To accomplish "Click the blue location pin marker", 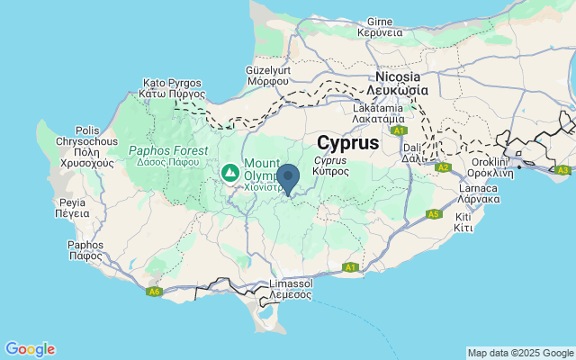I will point(288,178).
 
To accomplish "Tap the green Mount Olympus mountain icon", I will point(231,170).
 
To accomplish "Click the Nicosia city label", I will point(400,84).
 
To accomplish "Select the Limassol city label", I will point(291,289).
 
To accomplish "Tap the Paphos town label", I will point(85,249).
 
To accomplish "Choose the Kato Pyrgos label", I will point(173,87).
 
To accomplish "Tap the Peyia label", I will point(72,208).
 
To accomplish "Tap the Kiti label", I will point(464,222).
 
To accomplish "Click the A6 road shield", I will point(154,291).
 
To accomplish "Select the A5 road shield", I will point(433,213).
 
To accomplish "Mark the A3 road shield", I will point(563,169).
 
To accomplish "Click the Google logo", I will point(30,349).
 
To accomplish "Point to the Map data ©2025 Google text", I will point(520,353).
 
